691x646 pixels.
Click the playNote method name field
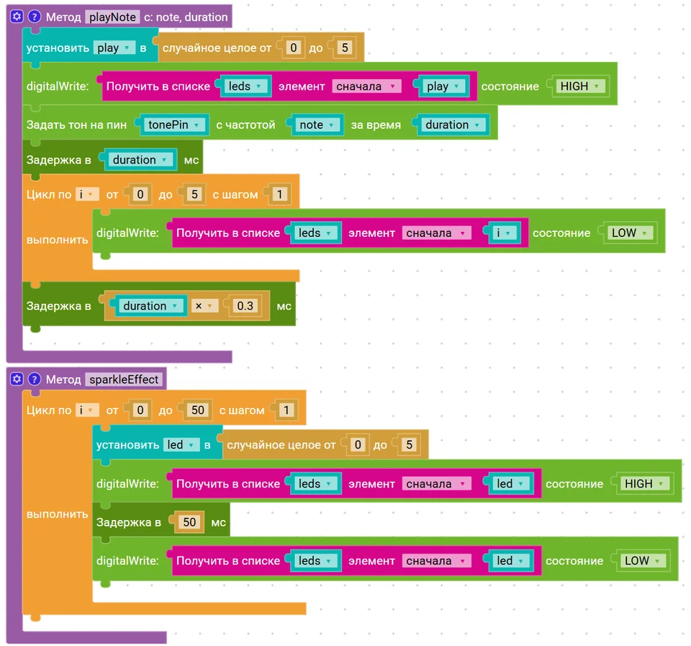(x=112, y=17)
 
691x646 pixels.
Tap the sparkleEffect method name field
(x=124, y=380)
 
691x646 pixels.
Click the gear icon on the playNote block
(x=17, y=17)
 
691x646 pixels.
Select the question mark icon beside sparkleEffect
(x=34, y=379)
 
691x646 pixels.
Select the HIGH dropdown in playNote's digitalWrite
(x=579, y=86)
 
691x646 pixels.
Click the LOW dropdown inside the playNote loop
(x=629, y=233)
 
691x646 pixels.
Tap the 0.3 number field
(x=245, y=305)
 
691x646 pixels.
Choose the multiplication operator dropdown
(x=204, y=305)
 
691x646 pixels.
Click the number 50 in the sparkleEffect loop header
(x=197, y=410)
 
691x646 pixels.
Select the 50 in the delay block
(x=189, y=522)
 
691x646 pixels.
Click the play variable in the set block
(x=114, y=48)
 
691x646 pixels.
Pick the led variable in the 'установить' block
(x=180, y=444)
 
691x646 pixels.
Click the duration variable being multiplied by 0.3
(x=150, y=305)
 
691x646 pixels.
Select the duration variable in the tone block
(x=452, y=125)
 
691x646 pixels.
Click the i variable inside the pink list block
(x=502, y=233)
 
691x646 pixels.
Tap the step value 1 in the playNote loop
(x=279, y=194)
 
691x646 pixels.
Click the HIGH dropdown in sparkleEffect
(x=643, y=484)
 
